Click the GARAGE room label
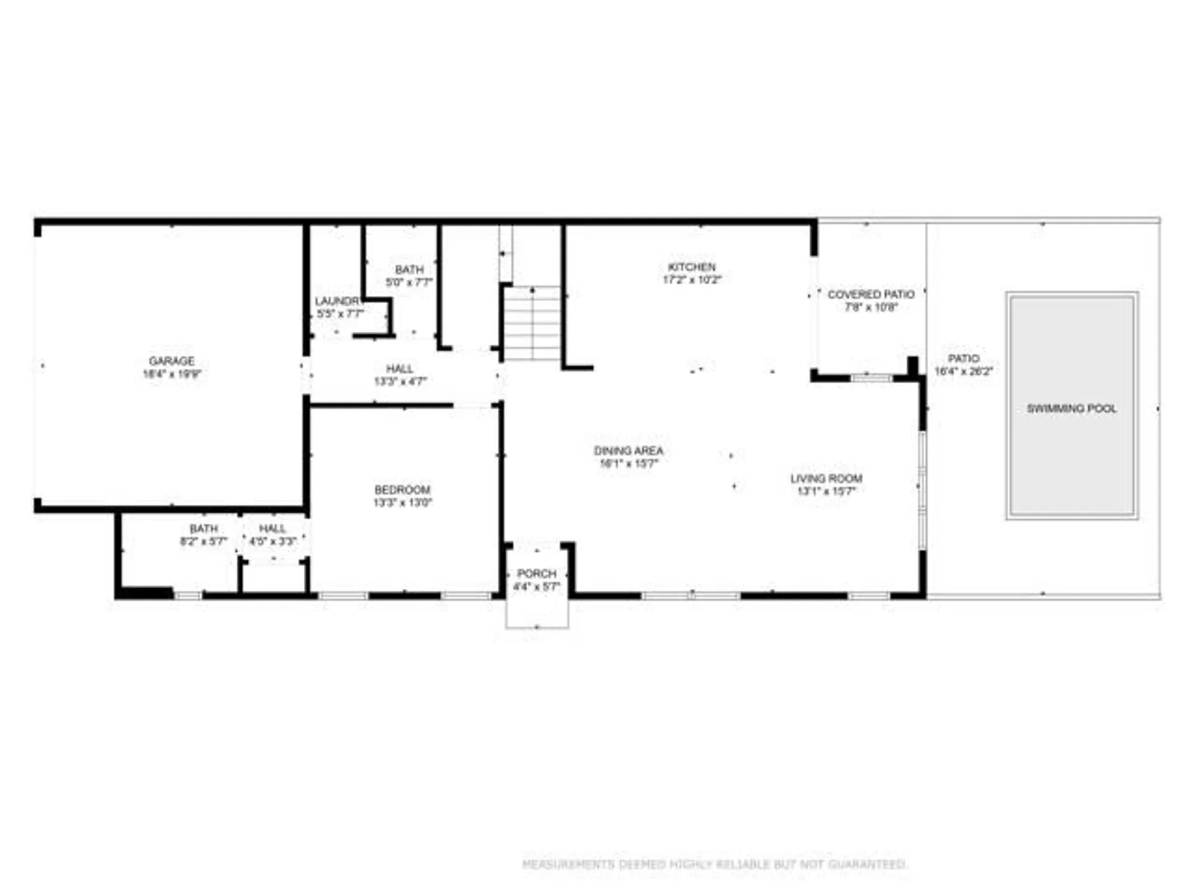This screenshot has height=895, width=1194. [x=171, y=361]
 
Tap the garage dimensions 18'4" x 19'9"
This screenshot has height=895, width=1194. [x=171, y=374]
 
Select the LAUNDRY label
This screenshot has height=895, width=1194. [x=338, y=301]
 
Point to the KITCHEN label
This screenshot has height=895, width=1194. [x=691, y=267]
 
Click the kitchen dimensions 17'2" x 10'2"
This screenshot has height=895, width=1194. [x=691, y=279]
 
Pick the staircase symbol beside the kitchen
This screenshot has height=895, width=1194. [x=532, y=323]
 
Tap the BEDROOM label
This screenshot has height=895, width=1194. [x=402, y=490]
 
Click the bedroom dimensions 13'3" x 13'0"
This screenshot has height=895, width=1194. [x=402, y=502]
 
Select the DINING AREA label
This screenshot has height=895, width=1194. [x=628, y=450]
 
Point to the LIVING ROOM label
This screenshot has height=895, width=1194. [x=826, y=479]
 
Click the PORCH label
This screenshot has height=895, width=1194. [x=536, y=573]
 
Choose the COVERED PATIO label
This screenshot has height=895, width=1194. [x=870, y=295]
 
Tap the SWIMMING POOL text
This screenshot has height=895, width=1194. [x=1071, y=409]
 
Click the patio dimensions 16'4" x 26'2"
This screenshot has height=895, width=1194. [x=963, y=371]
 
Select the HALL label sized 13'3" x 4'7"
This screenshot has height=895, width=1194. [x=399, y=369]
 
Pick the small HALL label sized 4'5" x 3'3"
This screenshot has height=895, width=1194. [x=272, y=529]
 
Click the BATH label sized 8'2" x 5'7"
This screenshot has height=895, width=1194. [x=204, y=529]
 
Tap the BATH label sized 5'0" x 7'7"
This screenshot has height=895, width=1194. [x=409, y=270]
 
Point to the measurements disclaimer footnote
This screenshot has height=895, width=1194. [x=715, y=864]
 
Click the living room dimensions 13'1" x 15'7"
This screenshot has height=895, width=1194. [x=826, y=491]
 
